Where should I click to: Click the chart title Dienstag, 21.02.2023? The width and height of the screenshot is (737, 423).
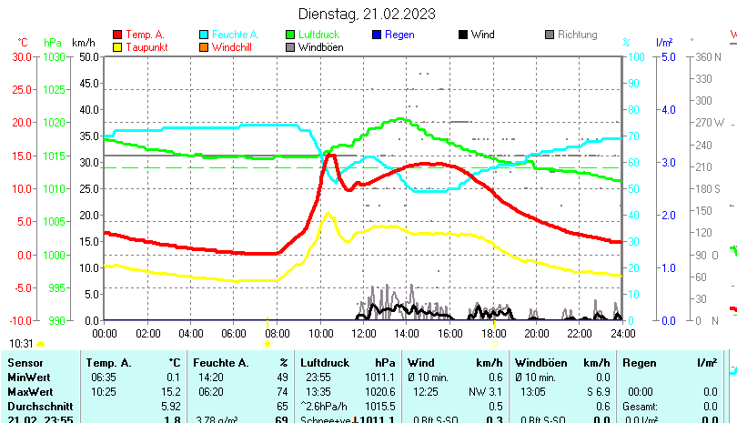pos(367,14)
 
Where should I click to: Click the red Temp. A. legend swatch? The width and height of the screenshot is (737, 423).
pos(117,35)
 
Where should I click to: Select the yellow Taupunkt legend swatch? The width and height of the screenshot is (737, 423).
pos(117,47)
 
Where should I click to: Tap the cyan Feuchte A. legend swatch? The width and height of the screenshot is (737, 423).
pos(205,35)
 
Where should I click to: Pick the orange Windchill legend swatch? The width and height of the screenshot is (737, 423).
pos(205,47)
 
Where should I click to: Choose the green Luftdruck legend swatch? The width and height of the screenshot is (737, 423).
pos(292,35)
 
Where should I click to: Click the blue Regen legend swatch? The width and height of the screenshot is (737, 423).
pos(378,35)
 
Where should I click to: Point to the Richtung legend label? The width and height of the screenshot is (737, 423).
pos(577,35)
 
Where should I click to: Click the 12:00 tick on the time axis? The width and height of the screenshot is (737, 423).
pos(363,334)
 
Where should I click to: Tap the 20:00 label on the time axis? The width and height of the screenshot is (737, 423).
pos(536,334)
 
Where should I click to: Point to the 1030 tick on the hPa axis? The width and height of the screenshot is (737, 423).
pos(54,56)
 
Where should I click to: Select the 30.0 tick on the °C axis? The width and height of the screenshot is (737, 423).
pos(21,56)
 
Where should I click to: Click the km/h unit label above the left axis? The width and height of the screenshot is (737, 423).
pos(83,43)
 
